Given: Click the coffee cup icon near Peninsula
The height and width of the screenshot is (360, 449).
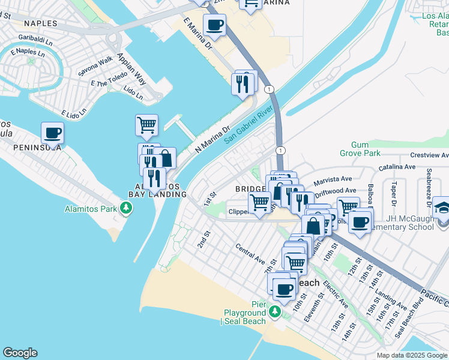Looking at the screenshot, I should point(52,133).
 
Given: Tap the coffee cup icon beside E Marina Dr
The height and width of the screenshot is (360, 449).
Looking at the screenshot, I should point(214,26).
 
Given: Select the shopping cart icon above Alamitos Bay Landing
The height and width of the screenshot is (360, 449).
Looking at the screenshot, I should point(146,125).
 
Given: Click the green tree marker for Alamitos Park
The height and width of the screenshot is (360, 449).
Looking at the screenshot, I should point(125,209).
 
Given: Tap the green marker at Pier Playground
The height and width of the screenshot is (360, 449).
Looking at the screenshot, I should point(274,312).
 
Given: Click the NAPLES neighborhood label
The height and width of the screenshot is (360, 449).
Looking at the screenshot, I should point(41,24).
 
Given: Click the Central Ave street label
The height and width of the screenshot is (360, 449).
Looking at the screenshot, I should point(250,254).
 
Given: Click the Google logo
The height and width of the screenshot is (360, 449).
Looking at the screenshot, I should point(20,353).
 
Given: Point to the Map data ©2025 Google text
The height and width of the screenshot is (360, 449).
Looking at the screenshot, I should point(411,355).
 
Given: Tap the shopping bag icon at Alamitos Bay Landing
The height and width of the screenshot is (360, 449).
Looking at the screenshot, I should point(165,159).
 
